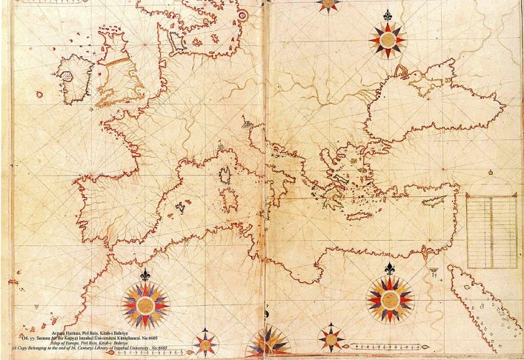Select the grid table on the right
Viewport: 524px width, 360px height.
click(491, 230)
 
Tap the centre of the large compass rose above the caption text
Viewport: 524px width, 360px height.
click(145, 304)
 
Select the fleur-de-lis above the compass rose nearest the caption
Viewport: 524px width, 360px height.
click(145, 275)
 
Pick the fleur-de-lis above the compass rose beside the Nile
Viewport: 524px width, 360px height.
click(390, 267)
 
